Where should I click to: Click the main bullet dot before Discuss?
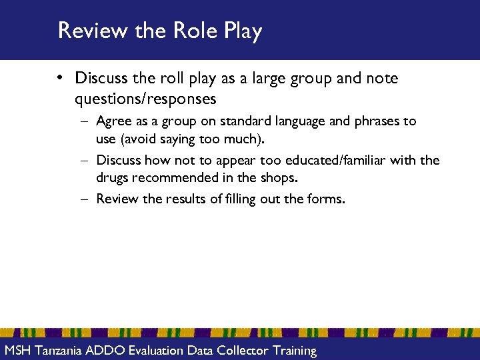pos(60,79)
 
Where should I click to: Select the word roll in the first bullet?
pos(173,79)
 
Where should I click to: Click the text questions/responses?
pos(145,99)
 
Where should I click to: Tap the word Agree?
pos(114,122)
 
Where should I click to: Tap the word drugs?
pos(114,178)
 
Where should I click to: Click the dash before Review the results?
pos(86,199)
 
